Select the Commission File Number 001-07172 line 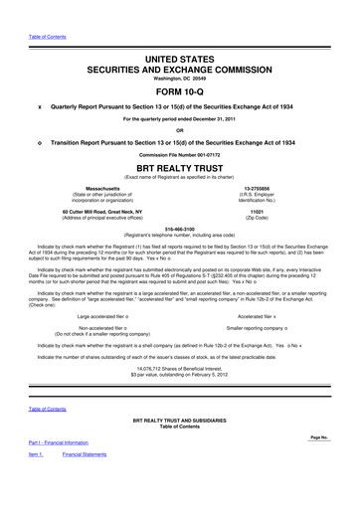(x=179, y=154)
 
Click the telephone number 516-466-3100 (x=179, y=228)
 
